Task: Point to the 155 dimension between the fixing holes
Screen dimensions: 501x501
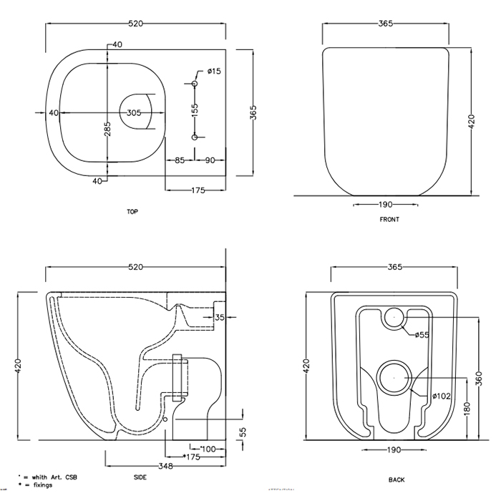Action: pyautogui.click(x=194, y=110)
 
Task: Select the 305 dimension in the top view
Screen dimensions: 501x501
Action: pyautogui.click(x=134, y=113)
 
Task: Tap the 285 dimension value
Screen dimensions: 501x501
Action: pyautogui.click(x=107, y=129)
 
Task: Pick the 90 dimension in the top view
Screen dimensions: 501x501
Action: pyautogui.click(x=210, y=160)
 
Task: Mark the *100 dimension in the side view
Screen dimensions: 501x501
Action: pyautogui.click(x=207, y=448)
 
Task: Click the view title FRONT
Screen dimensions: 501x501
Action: pyautogui.click(x=389, y=220)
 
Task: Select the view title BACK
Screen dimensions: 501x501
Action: pyautogui.click(x=397, y=480)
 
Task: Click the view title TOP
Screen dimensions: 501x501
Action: pyautogui.click(x=132, y=212)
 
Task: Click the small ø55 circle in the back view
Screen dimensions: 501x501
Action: pyautogui.click(x=393, y=317)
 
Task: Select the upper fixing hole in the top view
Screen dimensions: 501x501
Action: pyautogui.click(x=194, y=84)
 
